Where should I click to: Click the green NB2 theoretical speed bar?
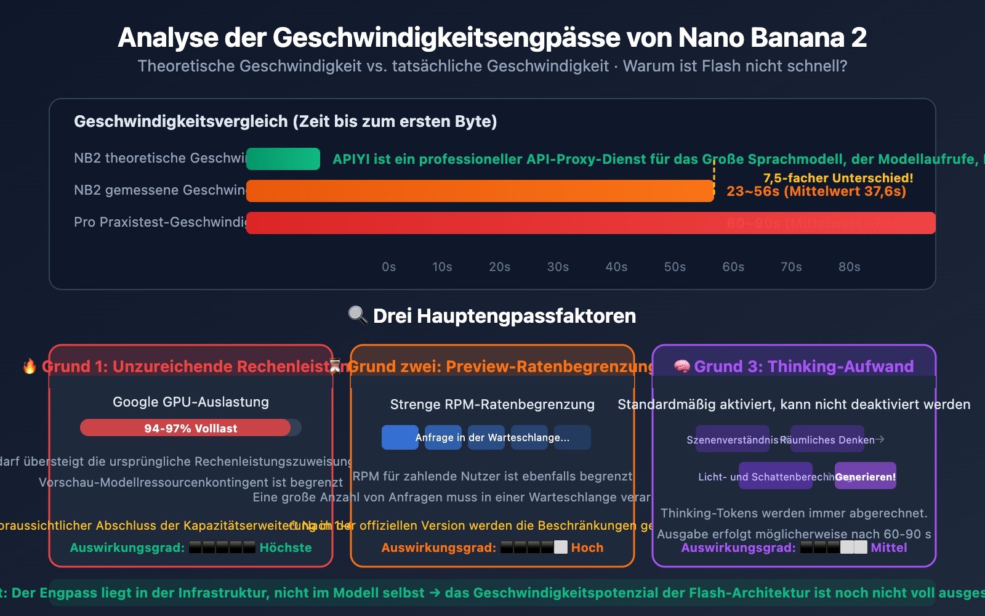[x=283, y=159]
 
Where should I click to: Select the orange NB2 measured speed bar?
[x=480, y=191]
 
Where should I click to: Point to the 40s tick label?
[x=616, y=267]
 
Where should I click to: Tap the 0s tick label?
[x=388, y=267]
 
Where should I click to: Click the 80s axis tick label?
[x=849, y=267]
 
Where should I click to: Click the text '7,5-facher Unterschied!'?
[x=838, y=178]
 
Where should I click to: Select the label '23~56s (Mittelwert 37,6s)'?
[x=816, y=192]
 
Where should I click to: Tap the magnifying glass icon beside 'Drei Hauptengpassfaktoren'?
[x=357, y=315]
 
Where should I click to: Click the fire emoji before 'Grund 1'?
[x=30, y=367]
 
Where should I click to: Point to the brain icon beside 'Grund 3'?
[x=681, y=367]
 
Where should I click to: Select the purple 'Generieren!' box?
[x=865, y=476]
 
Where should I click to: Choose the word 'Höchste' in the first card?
[x=286, y=548]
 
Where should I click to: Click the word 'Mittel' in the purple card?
[x=888, y=548]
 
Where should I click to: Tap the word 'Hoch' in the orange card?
[x=587, y=548]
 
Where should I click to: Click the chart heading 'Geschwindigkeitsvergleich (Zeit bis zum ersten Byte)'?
[x=286, y=121]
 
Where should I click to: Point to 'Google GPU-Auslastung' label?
[x=191, y=402]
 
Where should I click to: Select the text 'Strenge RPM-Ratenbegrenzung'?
[x=492, y=405]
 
